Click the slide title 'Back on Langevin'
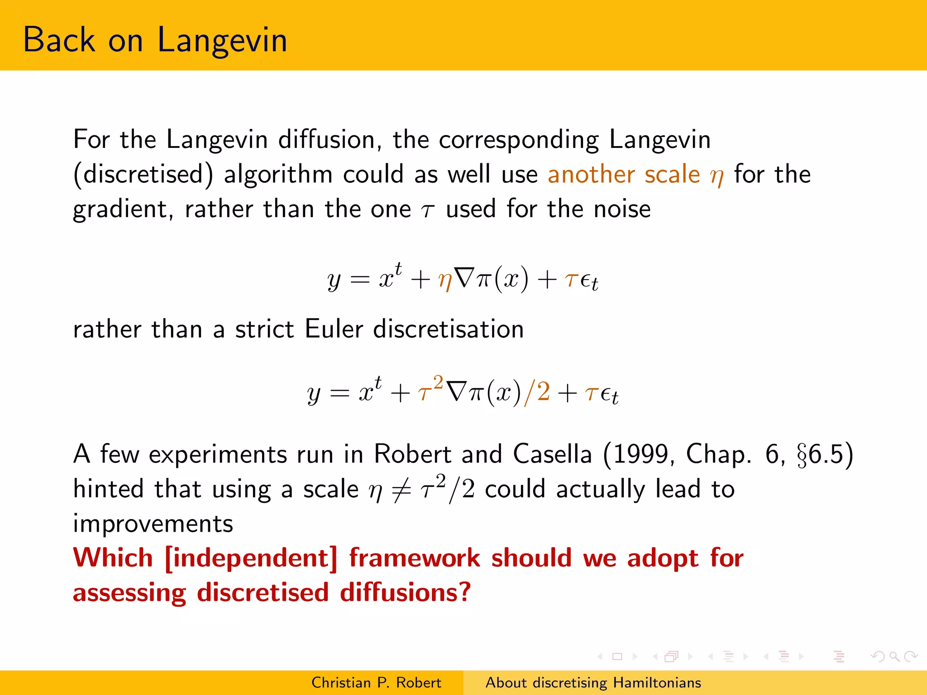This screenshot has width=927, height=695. pyautogui.click(x=155, y=40)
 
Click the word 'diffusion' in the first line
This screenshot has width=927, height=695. pyautogui.click(x=326, y=139)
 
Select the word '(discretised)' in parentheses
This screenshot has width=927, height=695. pyautogui.click(x=143, y=175)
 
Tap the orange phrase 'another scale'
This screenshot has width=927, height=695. pyautogui.click(x=624, y=175)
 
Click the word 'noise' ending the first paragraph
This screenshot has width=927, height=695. pyautogui.click(x=622, y=209)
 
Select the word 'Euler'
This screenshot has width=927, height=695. pyautogui.click(x=334, y=329)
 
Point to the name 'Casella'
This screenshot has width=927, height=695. pyautogui.click(x=552, y=454)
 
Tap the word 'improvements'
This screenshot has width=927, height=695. pyautogui.click(x=153, y=524)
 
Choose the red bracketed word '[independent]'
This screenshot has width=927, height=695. pyautogui.click(x=251, y=558)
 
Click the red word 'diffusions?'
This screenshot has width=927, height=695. pyautogui.click(x=405, y=593)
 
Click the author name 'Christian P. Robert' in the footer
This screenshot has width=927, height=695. pyautogui.click(x=376, y=682)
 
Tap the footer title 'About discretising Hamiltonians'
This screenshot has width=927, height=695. pyautogui.click(x=593, y=682)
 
